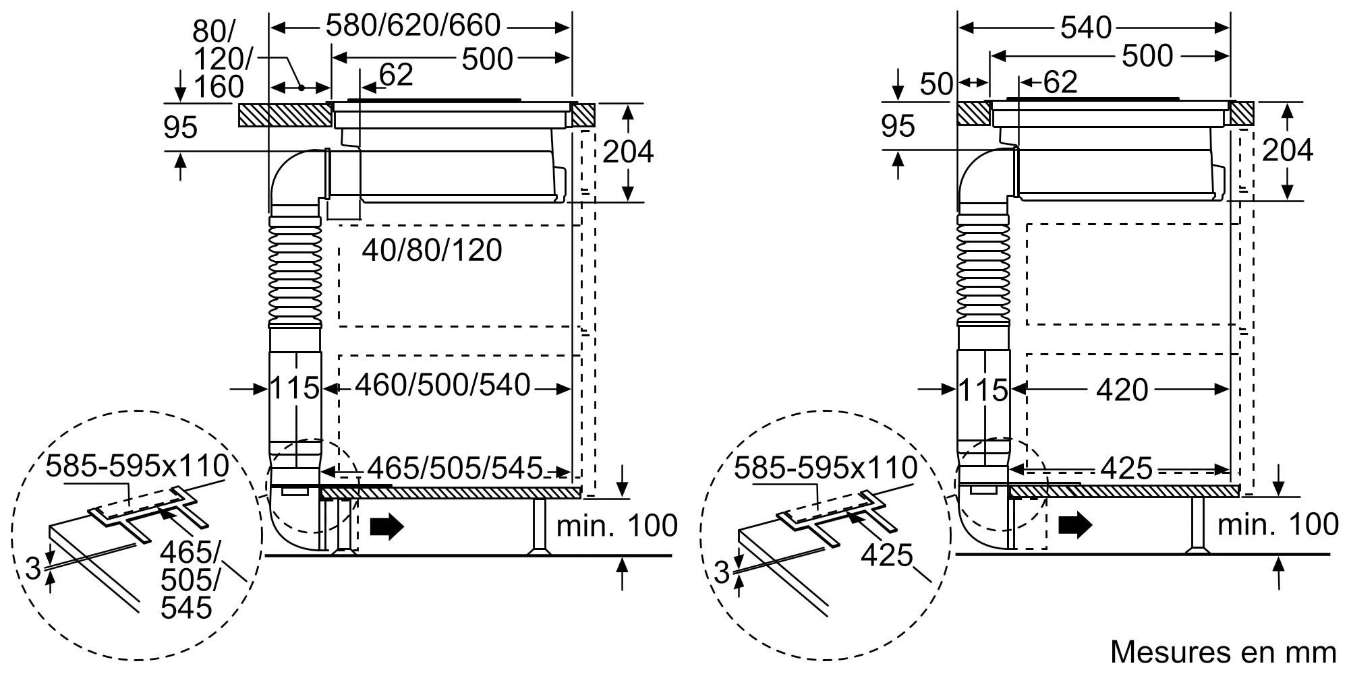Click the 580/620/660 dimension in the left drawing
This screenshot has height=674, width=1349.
click(413, 26)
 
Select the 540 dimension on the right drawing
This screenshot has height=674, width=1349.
click(1085, 28)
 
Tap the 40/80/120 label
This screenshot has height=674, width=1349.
click(432, 251)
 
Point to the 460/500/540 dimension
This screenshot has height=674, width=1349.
click(442, 386)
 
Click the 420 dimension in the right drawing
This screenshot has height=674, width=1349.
click(1122, 390)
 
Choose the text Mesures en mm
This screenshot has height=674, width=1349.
click(1223, 652)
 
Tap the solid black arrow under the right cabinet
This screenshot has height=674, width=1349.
click(1074, 524)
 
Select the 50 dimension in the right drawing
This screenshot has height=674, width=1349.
click(936, 84)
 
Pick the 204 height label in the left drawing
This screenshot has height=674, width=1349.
click(627, 152)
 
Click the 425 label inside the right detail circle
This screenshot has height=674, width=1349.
click(886, 556)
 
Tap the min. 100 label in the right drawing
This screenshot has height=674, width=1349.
click(1278, 524)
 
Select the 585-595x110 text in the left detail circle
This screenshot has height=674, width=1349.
click(137, 466)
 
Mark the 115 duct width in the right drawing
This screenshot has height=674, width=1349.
click(983, 390)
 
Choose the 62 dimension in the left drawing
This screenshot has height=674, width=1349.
click(396, 75)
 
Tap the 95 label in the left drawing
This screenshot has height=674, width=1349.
click(180, 127)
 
